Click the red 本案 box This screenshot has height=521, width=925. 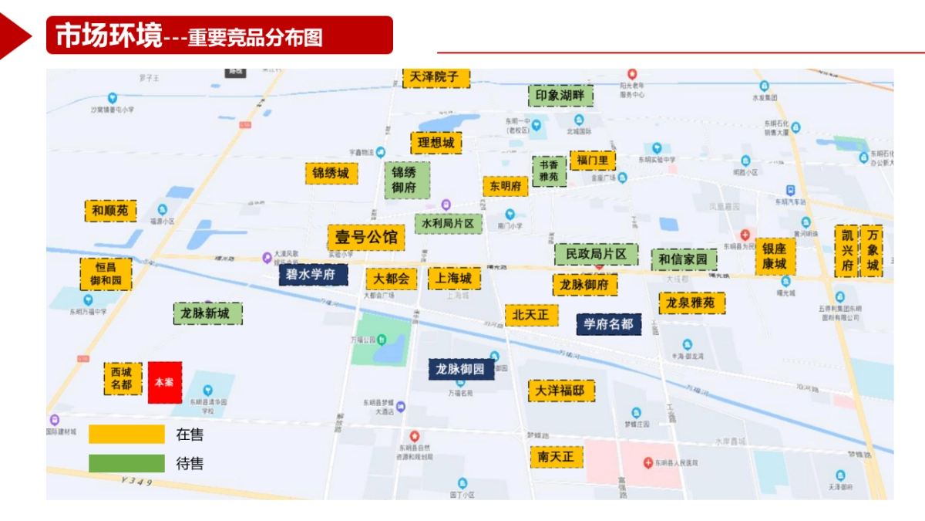(x=165, y=382)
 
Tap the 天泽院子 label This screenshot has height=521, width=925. (x=435, y=77)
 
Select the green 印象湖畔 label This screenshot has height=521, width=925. (x=561, y=96)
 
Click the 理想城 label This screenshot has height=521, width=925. (x=436, y=143)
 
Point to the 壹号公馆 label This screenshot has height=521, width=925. (x=366, y=237)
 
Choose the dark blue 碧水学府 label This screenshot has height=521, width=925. (x=313, y=275)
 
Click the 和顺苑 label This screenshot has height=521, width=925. (x=110, y=211)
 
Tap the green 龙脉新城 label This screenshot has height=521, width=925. (x=206, y=313)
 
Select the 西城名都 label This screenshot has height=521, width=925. (x=123, y=378)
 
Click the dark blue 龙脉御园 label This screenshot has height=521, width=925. (x=461, y=369)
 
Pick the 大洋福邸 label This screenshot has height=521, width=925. (x=560, y=391)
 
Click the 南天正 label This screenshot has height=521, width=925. (x=556, y=457)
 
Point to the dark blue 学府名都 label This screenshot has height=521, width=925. (x=608, y=323)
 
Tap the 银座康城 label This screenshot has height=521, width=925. (x=775, y=256)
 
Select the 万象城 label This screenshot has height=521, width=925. (x=873, y=251)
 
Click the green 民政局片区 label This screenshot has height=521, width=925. (x=597, y=253)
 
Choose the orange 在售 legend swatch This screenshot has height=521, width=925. (x=126, y=435)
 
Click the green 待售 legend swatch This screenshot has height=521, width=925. (x=126, y=464)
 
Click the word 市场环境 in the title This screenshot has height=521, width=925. (x=109, y=36)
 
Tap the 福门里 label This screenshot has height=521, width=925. (x=593, y=161)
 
